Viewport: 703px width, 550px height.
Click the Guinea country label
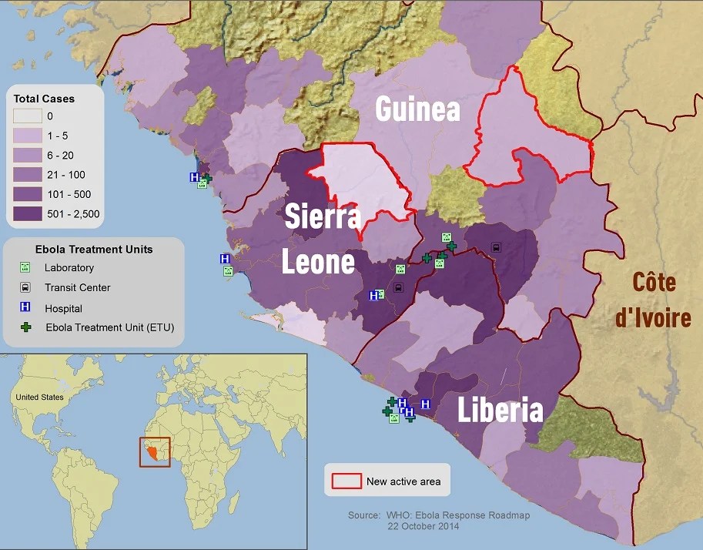[417, 109]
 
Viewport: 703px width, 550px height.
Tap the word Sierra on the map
[322, 216]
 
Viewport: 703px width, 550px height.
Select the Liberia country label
[500, 411]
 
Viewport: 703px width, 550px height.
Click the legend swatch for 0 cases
[28, 117]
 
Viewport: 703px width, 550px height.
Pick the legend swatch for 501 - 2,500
[28, 213]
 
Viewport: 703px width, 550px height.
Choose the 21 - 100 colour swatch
[28, 175]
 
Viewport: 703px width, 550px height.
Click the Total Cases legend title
[44, 99]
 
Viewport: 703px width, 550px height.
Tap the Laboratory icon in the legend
[25, 268]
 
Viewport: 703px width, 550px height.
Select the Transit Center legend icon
[25, 287]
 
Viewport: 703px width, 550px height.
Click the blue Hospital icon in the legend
[25, 307]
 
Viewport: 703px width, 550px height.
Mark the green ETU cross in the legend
[25, 327]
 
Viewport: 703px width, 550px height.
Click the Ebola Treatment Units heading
[94, 249]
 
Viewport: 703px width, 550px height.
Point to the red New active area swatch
[346, 481]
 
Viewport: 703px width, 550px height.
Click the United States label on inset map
[39, 397]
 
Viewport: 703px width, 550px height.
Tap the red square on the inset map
[154, 452]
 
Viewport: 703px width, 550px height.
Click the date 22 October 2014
[423, 526]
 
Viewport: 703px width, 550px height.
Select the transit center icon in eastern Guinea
[496, 248]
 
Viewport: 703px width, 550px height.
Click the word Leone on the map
[317, 262]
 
